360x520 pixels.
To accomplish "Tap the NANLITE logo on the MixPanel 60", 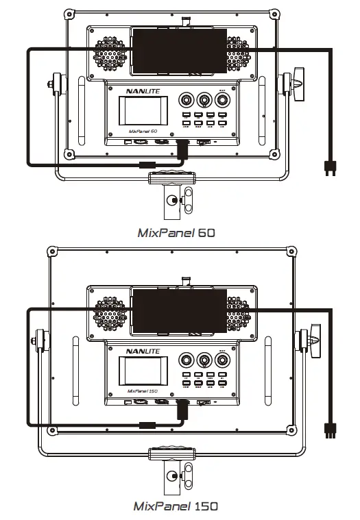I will tap(142, 89).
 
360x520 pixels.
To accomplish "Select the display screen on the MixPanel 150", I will tap(143, 371).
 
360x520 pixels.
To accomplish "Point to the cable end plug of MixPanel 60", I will tap(329, 166).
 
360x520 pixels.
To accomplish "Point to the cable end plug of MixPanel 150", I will tap(329, 429).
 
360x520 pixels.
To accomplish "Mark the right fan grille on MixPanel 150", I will tap(239, 314).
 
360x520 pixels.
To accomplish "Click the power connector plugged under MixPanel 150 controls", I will tap(182, 410).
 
